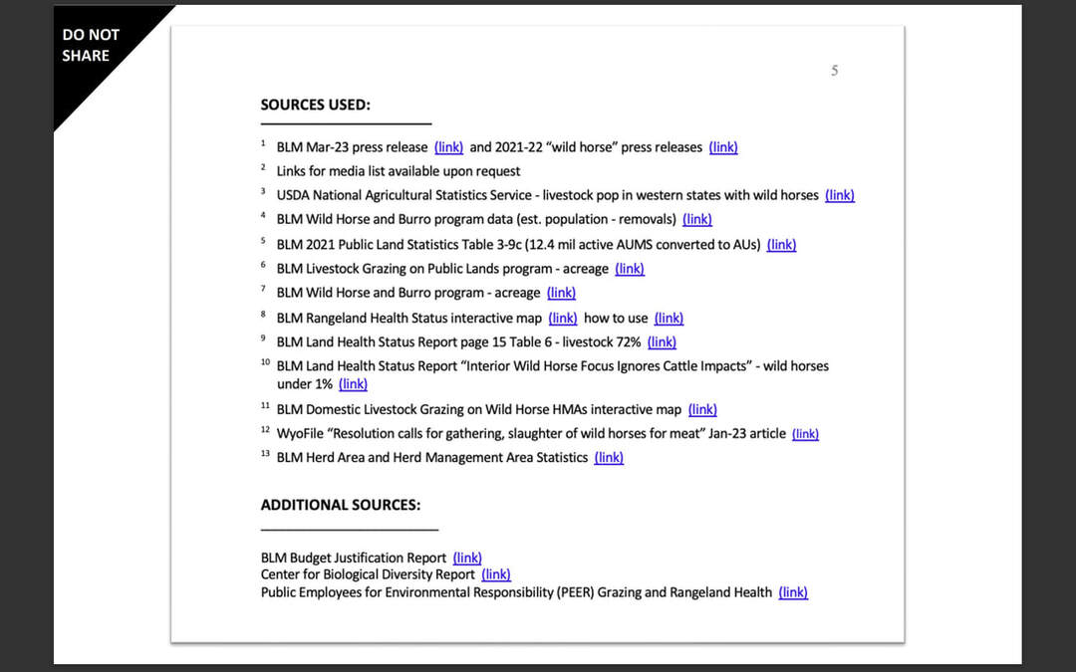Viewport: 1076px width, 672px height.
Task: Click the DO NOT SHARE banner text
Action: [91, 45]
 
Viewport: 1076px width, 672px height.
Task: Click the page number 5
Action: [835, 71]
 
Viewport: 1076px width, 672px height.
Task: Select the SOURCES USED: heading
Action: [315, 105]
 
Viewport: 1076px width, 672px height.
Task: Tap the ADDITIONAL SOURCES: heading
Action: [340, 505]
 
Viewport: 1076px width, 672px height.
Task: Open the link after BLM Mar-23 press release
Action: [448, 147]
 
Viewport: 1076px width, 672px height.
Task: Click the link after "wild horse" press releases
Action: [723, 147]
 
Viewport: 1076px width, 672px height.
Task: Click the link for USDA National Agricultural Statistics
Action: [840, 195]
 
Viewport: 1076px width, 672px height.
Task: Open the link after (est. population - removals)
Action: [697, 219]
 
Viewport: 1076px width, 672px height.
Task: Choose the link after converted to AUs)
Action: [782, 244]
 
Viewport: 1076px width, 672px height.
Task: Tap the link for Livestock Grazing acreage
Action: [630, 269]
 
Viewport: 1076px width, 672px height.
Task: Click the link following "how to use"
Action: [669, 319]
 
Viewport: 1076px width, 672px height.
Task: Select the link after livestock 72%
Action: [662, 342]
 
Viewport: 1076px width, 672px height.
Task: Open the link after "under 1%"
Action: [353, 384]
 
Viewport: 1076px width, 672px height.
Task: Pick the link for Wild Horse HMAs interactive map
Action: [702, 409]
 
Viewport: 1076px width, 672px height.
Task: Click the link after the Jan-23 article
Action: [805, 434]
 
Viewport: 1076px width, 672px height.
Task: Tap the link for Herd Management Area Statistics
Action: [609, 458]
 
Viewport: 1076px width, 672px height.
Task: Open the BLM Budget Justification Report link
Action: [467, 559]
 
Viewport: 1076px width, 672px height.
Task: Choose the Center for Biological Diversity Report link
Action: [496, 574]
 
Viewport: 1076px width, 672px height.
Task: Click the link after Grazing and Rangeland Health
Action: [793, 592]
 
